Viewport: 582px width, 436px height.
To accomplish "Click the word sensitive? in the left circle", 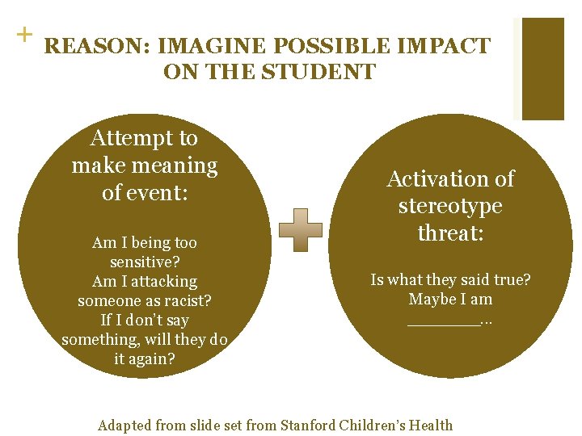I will pos(145,262).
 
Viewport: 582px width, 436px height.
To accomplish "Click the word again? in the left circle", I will pos(145,359).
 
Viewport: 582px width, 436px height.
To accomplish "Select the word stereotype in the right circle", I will pos(450,206).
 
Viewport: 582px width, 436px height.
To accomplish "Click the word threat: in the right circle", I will pos(450,233).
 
